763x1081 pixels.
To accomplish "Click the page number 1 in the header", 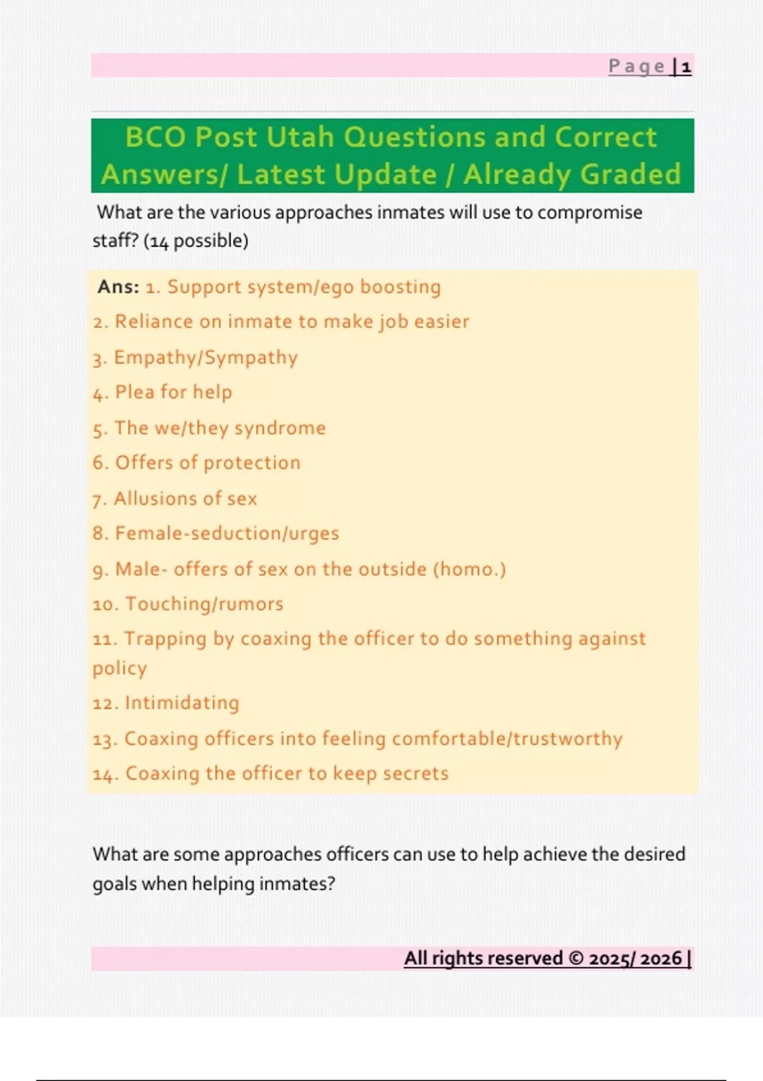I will [x=686, y=67].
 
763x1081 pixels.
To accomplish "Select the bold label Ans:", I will [x=118, y=287].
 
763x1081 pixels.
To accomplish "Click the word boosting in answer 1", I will [x=400, y=287].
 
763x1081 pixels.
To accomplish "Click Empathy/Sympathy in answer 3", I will [x=205, y=357].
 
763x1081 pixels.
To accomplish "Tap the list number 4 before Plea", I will [x=99, y=394].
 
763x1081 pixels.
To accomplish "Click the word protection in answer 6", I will [x=252, y=463].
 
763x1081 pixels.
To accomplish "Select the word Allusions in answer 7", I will [x=151, y=499].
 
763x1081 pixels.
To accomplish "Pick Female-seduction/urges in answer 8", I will [x=227, y=534].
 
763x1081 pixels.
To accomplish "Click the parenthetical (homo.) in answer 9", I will [x=469, y=569].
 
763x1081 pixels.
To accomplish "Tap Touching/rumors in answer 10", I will [x=204, y=604].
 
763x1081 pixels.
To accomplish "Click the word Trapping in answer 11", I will [x=165, y=639].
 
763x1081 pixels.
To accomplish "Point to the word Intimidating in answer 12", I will [x=182, y=703].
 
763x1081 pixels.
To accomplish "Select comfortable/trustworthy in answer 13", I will [x=507, y=739].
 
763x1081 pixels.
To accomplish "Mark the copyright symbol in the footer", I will [x=575, y=959].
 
